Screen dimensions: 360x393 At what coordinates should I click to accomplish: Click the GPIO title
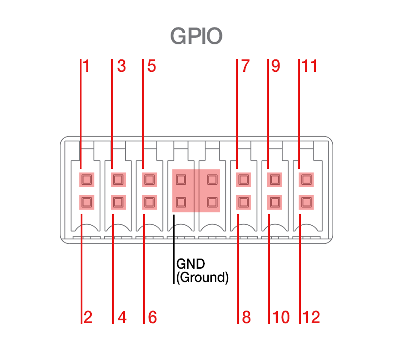coord(196,36)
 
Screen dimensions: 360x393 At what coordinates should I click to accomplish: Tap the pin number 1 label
coord(86,67)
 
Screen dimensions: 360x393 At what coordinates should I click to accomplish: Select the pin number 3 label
coord(121,67)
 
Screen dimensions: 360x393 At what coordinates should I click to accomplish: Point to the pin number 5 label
coord(152,67)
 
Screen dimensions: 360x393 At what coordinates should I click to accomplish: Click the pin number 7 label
coord(245,67)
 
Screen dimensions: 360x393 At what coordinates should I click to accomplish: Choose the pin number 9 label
coord(276,67)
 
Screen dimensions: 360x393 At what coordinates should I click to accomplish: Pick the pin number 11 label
coord(310,67)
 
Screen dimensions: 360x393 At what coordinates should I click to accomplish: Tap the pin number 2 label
coord(88,317)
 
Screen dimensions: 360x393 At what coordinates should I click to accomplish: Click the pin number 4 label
coord(122,317)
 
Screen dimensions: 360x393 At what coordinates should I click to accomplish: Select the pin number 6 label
coord(152,317)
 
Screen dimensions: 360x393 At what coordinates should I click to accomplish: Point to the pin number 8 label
coord(246,317)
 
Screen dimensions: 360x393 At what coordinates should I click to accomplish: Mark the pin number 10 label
coord(281,317)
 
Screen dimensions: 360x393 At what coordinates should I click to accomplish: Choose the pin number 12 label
coord(311,317)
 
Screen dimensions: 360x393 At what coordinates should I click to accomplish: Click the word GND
coord(191,264)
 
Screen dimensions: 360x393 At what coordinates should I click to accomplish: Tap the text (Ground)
coord(202,278)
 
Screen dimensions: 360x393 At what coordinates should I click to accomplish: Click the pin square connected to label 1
coord(86,180)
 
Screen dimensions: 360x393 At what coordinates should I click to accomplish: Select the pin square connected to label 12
coord(305,203)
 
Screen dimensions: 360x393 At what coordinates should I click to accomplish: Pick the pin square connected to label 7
coord(243,180)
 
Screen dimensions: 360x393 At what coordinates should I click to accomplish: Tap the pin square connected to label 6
coord(149,203)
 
